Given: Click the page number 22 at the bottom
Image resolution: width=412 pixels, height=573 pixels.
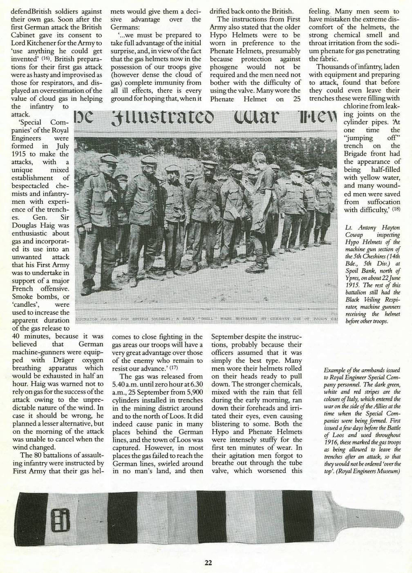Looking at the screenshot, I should click(208, 563).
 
